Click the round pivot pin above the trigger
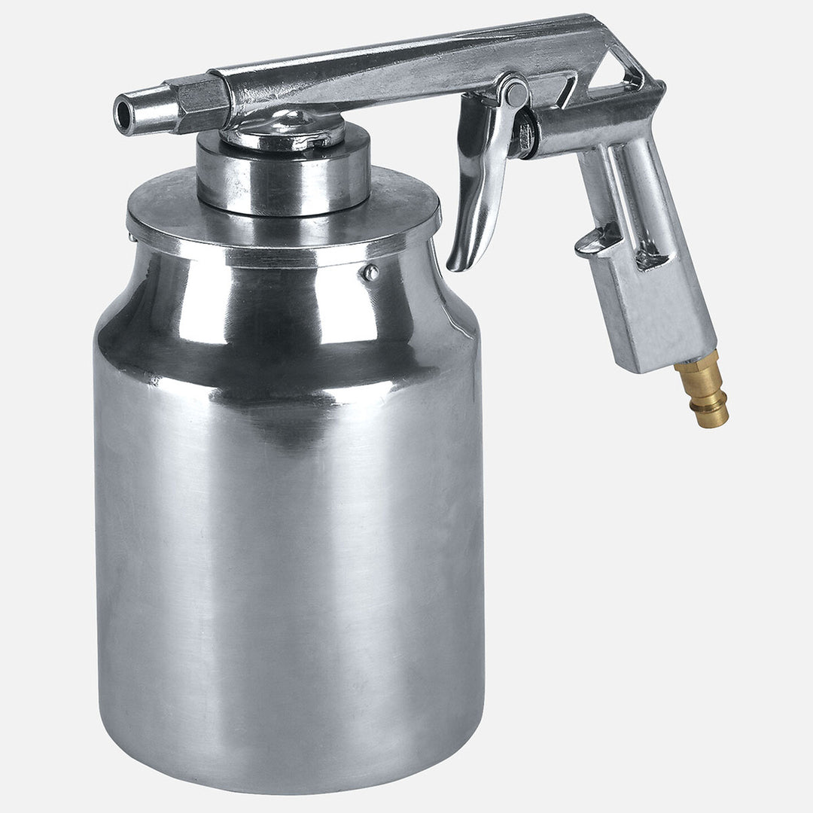coord(516,93)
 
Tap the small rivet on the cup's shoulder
coord(370,273)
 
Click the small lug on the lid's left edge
coord(132,237)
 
